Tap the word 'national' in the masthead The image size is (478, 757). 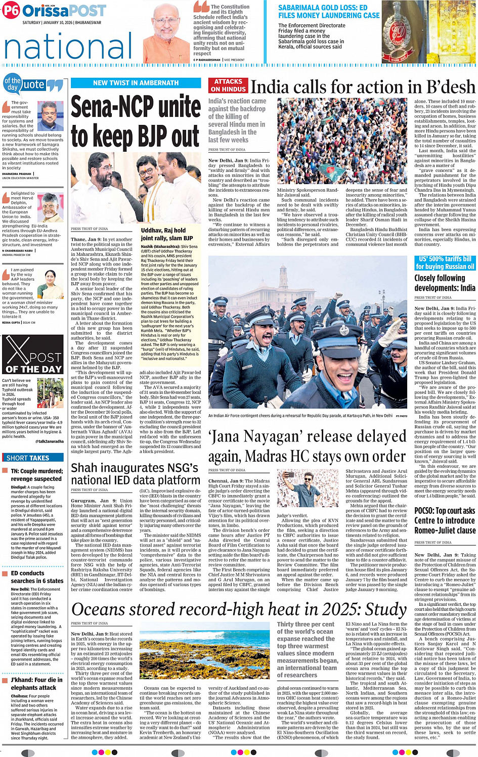[x=68, y=47]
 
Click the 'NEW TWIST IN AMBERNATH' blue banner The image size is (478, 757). [x=136, y=83]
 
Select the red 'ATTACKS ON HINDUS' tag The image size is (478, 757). [x=228, y=85]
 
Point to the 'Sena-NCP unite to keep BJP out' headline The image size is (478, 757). [x=135, y=121]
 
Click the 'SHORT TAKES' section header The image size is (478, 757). [x=28, y=458]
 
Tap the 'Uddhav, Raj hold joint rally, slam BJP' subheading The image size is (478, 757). [x=167, y=234]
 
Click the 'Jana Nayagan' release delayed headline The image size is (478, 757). [x=307, y=446]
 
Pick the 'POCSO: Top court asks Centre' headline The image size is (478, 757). [x=445, y=520]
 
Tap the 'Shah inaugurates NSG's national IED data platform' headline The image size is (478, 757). [x=136, y=474]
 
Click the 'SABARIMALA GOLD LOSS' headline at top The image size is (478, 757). [x=328, y=12]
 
